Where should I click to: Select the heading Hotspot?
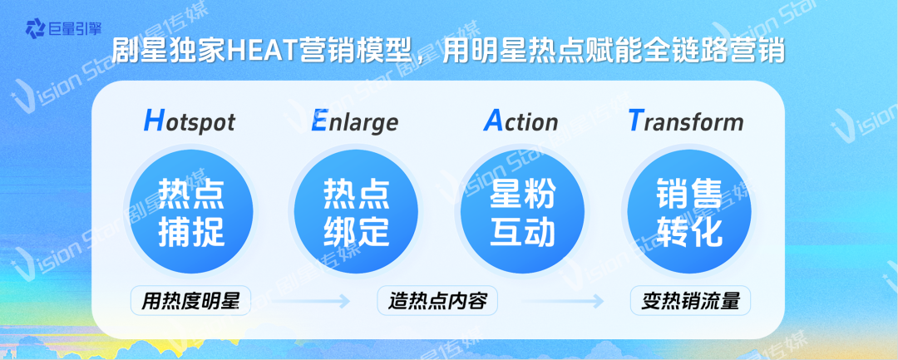[190, 121]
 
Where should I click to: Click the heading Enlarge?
[354, 121]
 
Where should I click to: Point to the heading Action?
[521, 121]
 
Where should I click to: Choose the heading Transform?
[685, 121]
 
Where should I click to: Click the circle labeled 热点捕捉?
[190, 212]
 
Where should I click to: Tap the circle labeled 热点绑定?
[356, 212]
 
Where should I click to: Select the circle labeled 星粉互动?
[521, 212]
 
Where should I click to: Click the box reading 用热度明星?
[190, 300]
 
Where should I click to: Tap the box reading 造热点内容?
[437, 300]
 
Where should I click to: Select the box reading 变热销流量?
[690, 300]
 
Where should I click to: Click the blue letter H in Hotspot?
[154, 121]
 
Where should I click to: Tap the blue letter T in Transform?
[634, 121]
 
